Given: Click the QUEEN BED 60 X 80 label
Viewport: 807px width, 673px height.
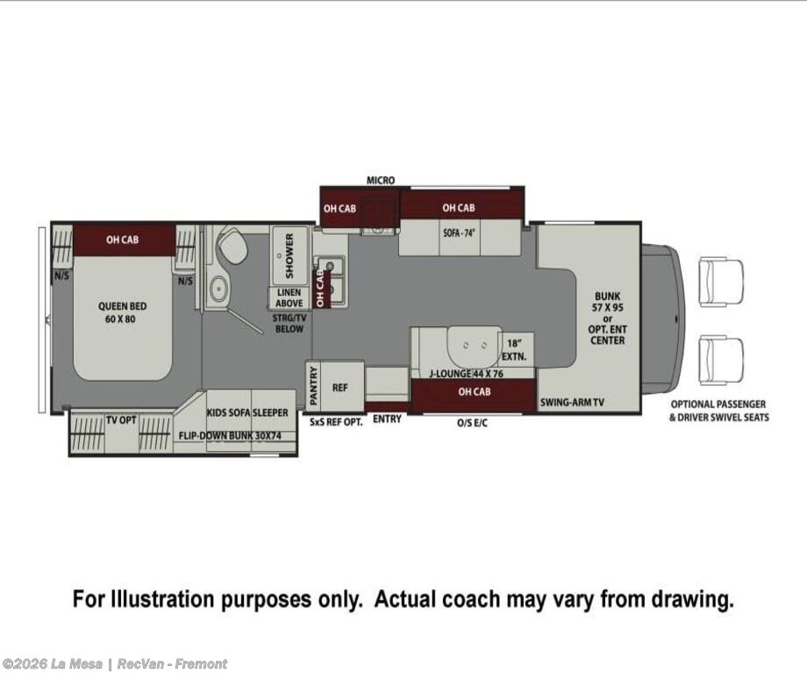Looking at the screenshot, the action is (122, 312).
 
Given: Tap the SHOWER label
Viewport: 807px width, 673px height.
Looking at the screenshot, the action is (289, 248).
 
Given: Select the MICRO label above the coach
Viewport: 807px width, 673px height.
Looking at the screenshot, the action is (381, 180).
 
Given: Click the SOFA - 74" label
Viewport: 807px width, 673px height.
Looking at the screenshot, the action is (459, 233).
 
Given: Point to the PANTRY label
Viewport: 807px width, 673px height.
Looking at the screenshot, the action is (314, 386).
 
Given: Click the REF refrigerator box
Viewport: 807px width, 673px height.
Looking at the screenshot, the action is (340, 387).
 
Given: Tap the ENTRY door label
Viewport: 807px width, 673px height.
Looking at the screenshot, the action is (387, 419).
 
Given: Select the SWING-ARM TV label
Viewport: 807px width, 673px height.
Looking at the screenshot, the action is (572, 403).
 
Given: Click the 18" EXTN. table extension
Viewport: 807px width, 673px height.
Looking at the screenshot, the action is (516, 349).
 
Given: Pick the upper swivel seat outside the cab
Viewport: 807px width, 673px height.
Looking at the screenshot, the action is (720, 283).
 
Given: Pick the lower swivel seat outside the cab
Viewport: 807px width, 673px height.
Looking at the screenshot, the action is (720, 361).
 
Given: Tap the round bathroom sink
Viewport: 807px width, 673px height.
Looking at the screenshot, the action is (219, 287).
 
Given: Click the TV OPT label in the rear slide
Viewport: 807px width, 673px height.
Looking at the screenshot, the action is (121, 420).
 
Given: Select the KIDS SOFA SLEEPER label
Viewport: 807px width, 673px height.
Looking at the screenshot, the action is (247, 413).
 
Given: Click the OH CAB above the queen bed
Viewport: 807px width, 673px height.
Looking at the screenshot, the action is (123, 240).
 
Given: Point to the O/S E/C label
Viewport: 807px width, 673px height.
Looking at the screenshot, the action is (472, 423).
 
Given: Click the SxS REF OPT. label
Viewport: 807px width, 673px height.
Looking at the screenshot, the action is (336, 422).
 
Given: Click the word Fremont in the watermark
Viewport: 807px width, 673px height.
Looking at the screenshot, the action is (201, 664).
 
